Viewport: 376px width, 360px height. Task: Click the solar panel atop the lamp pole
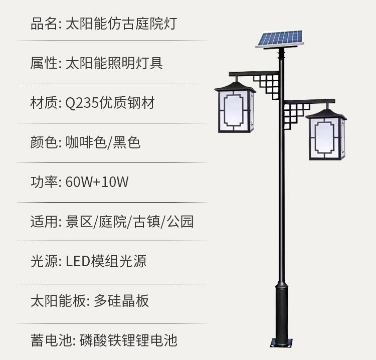[280, 39]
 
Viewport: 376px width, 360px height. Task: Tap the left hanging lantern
[235, 107]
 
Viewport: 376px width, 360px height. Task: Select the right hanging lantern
[326, 135]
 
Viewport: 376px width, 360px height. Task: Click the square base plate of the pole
[281, 343]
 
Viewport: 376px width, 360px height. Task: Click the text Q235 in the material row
[82, 103]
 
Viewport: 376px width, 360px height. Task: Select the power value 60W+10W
[97, 182]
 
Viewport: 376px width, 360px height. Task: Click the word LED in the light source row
[78, 261]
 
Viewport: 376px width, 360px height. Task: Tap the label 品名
[44, 24]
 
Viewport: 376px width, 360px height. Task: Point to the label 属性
[44, 63]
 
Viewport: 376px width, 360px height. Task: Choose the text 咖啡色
[86, 142]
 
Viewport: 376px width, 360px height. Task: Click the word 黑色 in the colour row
[126, 142]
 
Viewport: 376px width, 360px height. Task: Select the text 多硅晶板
[121, 300]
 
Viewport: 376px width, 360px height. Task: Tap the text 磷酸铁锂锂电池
[128, 340]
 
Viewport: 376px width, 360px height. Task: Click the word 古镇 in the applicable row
[147, 221]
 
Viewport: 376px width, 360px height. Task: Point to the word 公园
[180, 221]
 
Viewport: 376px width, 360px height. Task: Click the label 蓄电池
[51, 340]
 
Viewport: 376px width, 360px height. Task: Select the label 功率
[44, 182]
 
